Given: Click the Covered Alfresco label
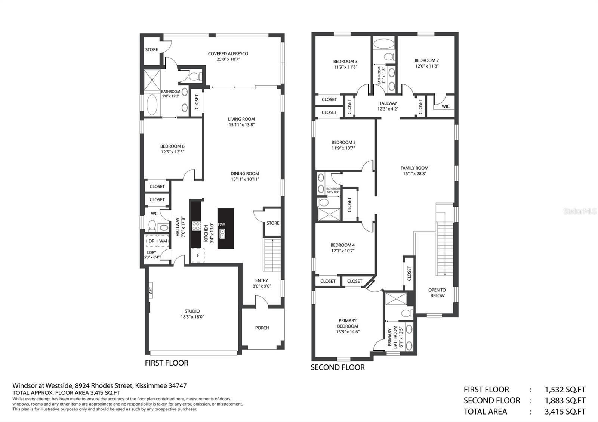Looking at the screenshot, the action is click(228, 54).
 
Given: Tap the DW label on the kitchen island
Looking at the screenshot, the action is click(221, 224).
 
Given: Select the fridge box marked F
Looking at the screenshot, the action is click(198, 255).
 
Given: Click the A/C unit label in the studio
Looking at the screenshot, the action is click(151, 291).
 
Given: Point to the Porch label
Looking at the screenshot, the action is click(262, 328).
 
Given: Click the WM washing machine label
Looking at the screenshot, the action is click(163, 241).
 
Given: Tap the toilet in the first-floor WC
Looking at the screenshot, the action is click(152, 225).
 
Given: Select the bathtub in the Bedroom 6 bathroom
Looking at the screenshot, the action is click(152, 105).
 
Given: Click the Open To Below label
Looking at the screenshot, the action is click(437, 293).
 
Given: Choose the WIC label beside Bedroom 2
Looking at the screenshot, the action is click(446, 106).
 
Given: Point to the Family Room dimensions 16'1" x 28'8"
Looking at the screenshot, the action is click(414, 174).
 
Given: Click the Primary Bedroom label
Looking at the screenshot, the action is click(347, 323).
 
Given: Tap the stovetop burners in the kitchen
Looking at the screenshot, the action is click(197, 226).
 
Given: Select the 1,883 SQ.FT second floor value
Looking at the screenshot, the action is click(565, 400).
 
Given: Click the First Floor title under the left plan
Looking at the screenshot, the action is click(167, 363).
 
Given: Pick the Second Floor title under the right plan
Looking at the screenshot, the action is click(337, 367).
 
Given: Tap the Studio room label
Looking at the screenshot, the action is click(192, 311).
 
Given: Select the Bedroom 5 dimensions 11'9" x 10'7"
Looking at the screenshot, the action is click(343, 148).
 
